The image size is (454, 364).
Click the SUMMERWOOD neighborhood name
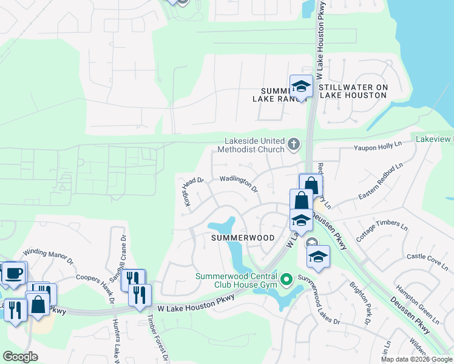click(243, 238)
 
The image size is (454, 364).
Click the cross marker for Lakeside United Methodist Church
click(294, 144)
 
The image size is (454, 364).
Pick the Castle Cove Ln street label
click(428, 261)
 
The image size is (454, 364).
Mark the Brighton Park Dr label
click(360, 302)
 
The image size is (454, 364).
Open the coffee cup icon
click(14, 272)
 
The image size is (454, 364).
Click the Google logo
click(20, 357)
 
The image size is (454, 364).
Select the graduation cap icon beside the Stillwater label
click(300, 86)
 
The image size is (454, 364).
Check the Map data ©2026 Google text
click(416, 359)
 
